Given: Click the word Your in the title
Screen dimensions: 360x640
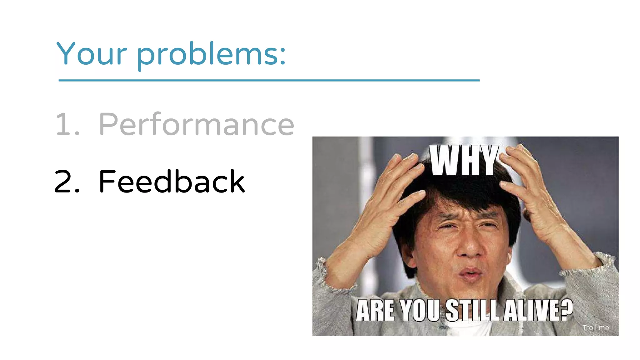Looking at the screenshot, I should click(92, 54).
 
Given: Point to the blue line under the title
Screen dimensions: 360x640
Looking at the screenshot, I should click(269, 80).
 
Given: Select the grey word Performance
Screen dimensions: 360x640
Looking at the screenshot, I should click(196, 125).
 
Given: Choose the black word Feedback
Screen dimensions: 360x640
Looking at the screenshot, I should click(172, 181).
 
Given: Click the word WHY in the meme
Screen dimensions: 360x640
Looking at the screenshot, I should click(464, 161).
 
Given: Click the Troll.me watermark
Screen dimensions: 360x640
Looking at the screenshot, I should click(596, 327).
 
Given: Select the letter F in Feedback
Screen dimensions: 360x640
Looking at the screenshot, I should click(107, 181).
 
